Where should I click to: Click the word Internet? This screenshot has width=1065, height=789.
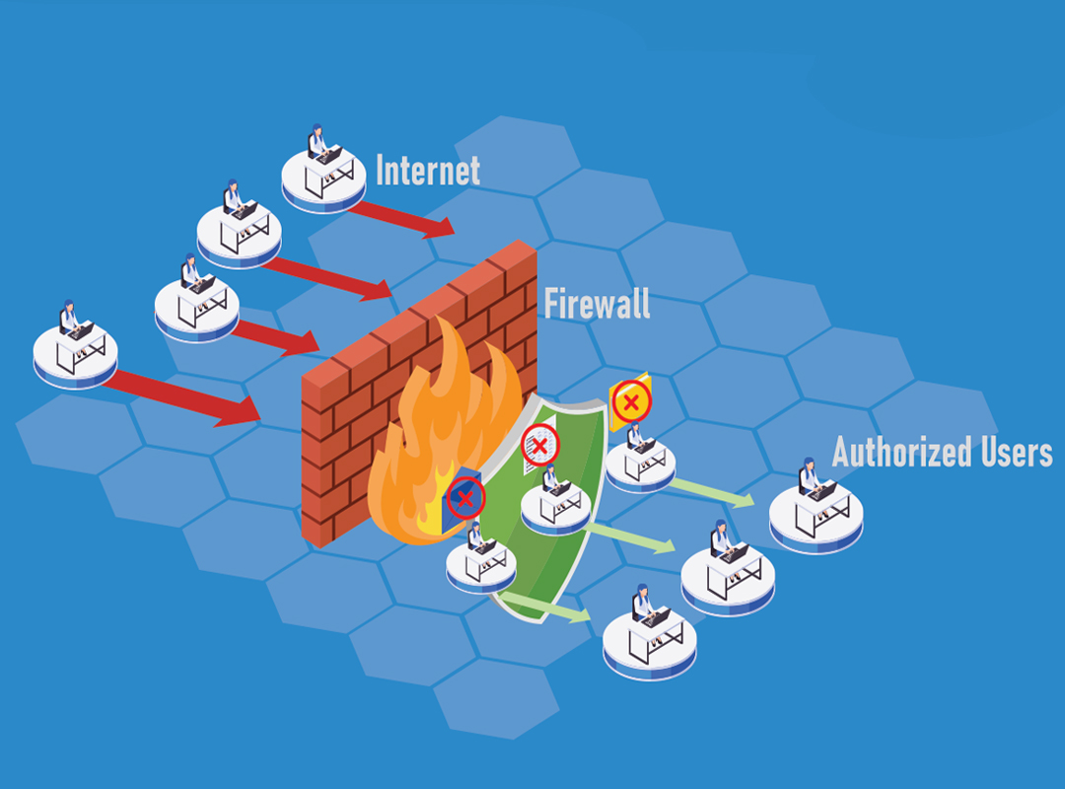point(428,171)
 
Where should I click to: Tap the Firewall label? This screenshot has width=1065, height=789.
point(597,303)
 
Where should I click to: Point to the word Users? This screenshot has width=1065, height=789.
point(1015,452)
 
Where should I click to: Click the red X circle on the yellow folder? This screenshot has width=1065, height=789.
point(631,401)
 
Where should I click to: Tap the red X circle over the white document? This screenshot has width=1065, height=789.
point(539,446)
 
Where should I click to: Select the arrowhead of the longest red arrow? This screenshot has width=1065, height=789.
point(241,413)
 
